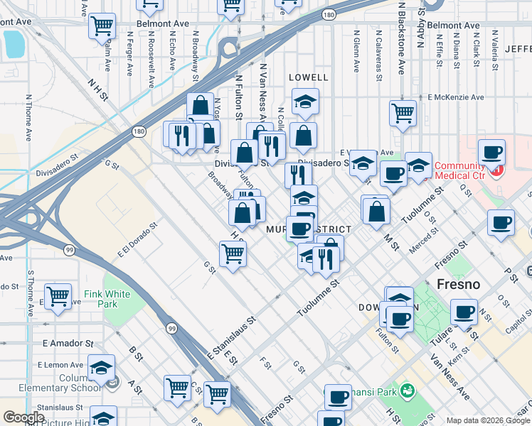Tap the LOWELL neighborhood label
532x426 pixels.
(308, 77)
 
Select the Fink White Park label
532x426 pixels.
(107, 298)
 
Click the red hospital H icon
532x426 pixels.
(498, 170)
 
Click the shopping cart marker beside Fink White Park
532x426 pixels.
(58, 295)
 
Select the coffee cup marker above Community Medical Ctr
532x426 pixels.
(491, 152)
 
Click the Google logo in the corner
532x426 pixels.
(23, 417)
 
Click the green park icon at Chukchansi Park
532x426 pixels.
(407, 390)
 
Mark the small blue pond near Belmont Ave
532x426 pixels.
(13, 44)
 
